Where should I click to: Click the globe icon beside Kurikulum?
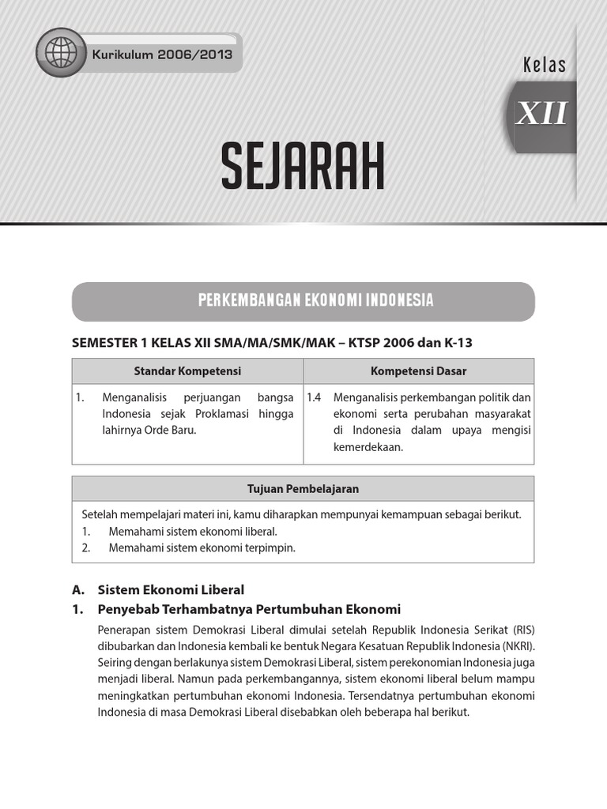click(61, 54)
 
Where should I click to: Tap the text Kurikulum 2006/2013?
click(162, 55)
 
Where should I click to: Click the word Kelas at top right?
click(545, 65)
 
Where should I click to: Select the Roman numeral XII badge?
click(541, 115)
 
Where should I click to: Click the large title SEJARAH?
click(303, 166)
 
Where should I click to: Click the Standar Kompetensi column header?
click(187, 371)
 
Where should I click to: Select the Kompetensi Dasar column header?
click(418, 371)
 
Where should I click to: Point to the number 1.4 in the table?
click(314, 397)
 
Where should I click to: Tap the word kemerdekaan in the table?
click(368, 447)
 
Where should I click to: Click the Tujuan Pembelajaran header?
click(303, 488)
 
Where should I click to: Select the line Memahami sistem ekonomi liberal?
click(193, 531)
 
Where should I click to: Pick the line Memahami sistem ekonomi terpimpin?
click(202, 547)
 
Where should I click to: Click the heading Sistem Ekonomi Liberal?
click(171, 589)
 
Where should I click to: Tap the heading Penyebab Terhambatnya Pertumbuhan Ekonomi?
click(249, 609)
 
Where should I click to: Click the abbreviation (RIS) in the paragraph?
click(523, 630)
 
